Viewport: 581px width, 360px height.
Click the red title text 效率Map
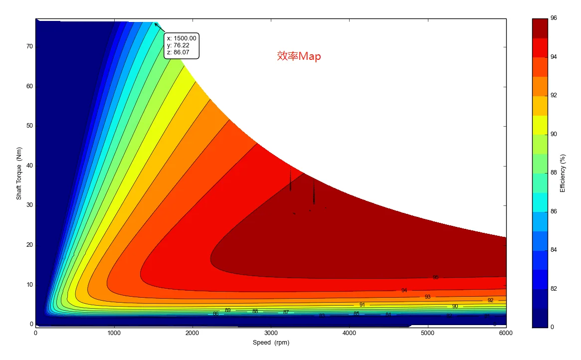tap(299, 56)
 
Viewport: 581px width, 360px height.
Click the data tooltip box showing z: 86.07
tap(182, 45)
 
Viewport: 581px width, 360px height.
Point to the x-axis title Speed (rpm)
tap(271, 343)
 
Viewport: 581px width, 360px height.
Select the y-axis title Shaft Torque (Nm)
tap(19, 173)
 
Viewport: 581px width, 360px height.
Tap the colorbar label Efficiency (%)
tap(563, 173)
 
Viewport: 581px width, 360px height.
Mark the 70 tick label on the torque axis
tap(29, 46)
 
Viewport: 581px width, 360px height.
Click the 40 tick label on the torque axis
tap(29, 166)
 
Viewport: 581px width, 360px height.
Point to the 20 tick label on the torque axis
tap(29, 245)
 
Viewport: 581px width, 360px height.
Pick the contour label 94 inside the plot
tap(404, 290)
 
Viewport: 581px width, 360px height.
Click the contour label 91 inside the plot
tap(362, 305)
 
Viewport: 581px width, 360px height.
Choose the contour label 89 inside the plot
tap(228, 310)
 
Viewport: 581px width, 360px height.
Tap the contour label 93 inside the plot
tap(427, 297)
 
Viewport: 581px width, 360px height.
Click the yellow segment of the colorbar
tap(540, 125)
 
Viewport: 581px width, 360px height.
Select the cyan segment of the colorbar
tap(540, 202)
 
